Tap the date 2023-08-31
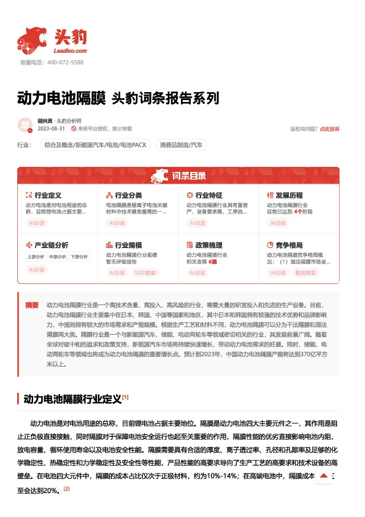pyautogui.click(x=52, y=129)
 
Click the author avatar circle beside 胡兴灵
pyautogui.click(x=25, y=125)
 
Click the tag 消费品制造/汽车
pyautogui.click(x=181, y=146)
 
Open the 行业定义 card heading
pyautogui.click(x=48, y=195)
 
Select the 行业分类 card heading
pyautogui.click(x=128, y=195)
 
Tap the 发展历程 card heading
pyautogui.click(x=288, y=195)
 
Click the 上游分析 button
pyautogui.click(x=36, y=257)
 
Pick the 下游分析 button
pyautogui.click(x=79, y=257)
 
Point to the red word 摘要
pyautogui.click(x=32, y=305)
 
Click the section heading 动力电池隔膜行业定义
pyautogui.click(x=72, y=398)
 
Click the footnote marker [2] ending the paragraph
pyautogui.click(x=67, y=489)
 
